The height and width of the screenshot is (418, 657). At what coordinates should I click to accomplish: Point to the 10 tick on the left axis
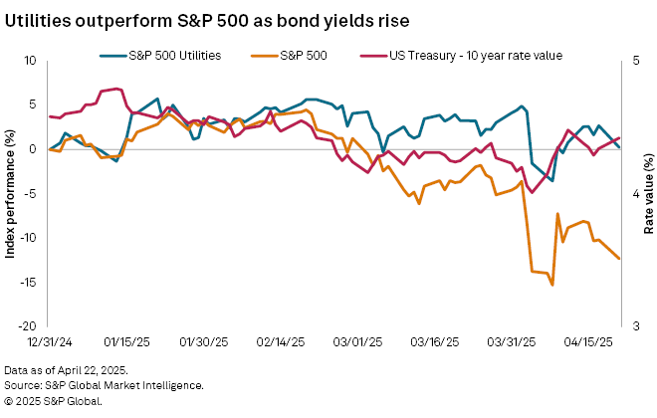coord(29,62)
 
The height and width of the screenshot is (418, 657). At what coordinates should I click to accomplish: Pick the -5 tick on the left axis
coord(30,194)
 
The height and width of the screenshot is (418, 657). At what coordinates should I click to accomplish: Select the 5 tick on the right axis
coord(634,62)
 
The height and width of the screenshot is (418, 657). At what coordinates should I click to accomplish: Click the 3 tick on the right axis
coord(634,326)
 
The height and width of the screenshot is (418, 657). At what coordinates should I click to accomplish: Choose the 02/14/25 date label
coord(279,341)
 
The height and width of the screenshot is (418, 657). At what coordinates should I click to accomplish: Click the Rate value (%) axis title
coord(649,194)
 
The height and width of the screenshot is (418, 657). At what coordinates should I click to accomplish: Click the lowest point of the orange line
coord(551,286)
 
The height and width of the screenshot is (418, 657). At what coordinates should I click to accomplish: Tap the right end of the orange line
coord(619,259)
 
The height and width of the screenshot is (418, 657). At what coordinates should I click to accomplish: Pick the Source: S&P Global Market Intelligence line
coord(105,385)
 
